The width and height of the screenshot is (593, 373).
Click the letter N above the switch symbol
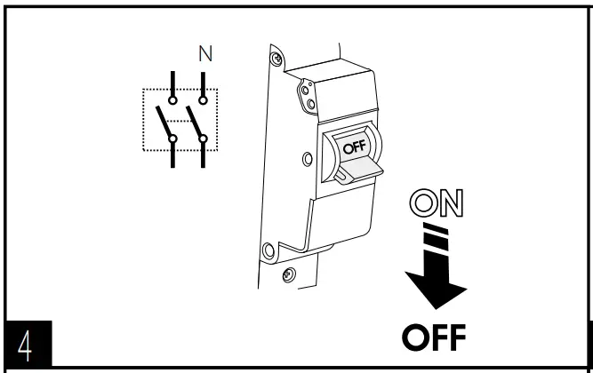point(205,54)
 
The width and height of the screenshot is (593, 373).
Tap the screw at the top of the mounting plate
point(277,59)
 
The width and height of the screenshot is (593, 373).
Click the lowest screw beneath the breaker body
point(288,275)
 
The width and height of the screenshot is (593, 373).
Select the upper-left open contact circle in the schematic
point(173,100)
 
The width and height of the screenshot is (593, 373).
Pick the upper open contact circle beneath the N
point(204,100)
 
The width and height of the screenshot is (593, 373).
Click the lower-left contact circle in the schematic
point(173,139)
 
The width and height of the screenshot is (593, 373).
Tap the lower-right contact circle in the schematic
point(204,139)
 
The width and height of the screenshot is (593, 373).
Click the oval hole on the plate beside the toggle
point(307,160)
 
